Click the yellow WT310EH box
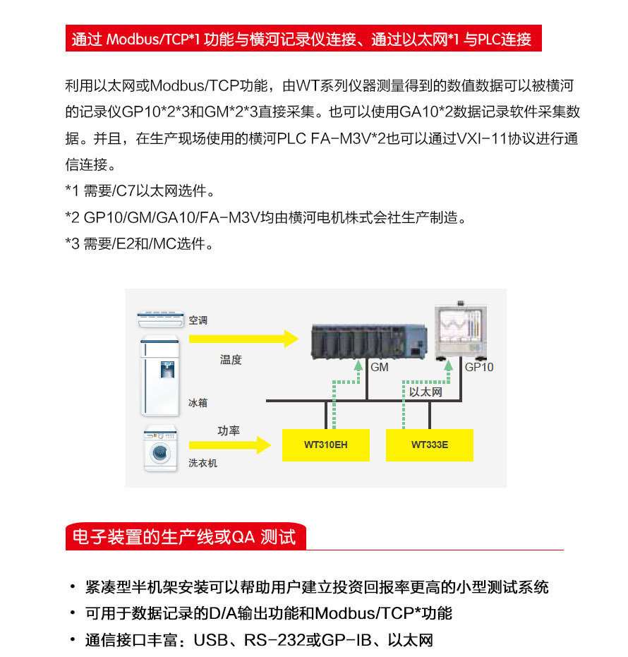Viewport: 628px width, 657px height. tap(325, 445)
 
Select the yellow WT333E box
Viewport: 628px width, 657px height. tap(429, 445)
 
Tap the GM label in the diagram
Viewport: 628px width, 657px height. tap(380, 368)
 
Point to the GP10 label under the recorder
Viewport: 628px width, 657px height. tap(479, 368)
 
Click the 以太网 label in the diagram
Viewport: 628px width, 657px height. tap(425, 392)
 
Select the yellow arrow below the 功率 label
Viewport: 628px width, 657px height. tap(230, 445)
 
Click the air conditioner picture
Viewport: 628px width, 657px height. tap(162, 320)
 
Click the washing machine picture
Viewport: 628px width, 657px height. tap(161, 449)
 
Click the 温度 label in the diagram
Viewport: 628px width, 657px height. tap(231, 360)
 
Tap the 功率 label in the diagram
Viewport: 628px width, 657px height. tap(229, 430)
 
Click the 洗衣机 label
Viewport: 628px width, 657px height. tap(203, 463)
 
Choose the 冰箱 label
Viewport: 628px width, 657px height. tap(198, 403)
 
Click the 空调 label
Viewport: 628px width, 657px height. tap(198, 320)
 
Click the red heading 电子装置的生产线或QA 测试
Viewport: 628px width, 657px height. tap(184, 538)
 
